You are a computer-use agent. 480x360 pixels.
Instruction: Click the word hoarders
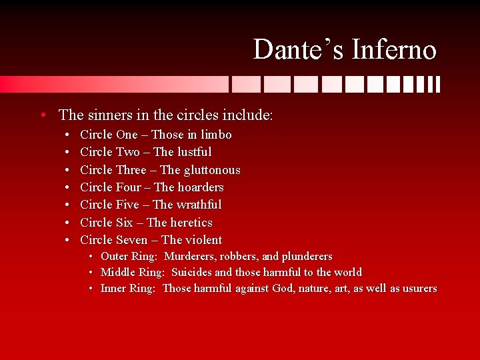pyautogui.click(x=201, y=187)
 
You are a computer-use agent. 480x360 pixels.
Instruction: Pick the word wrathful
pyautogui.click(x=199, y=205)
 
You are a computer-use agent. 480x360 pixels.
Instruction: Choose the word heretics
pyautogui.click(x=191, y=223)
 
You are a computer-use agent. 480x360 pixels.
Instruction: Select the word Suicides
pyautogui.click(x=192, y=273)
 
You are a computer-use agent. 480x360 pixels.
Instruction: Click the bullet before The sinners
pyautogui.click(x=43, y=115)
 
